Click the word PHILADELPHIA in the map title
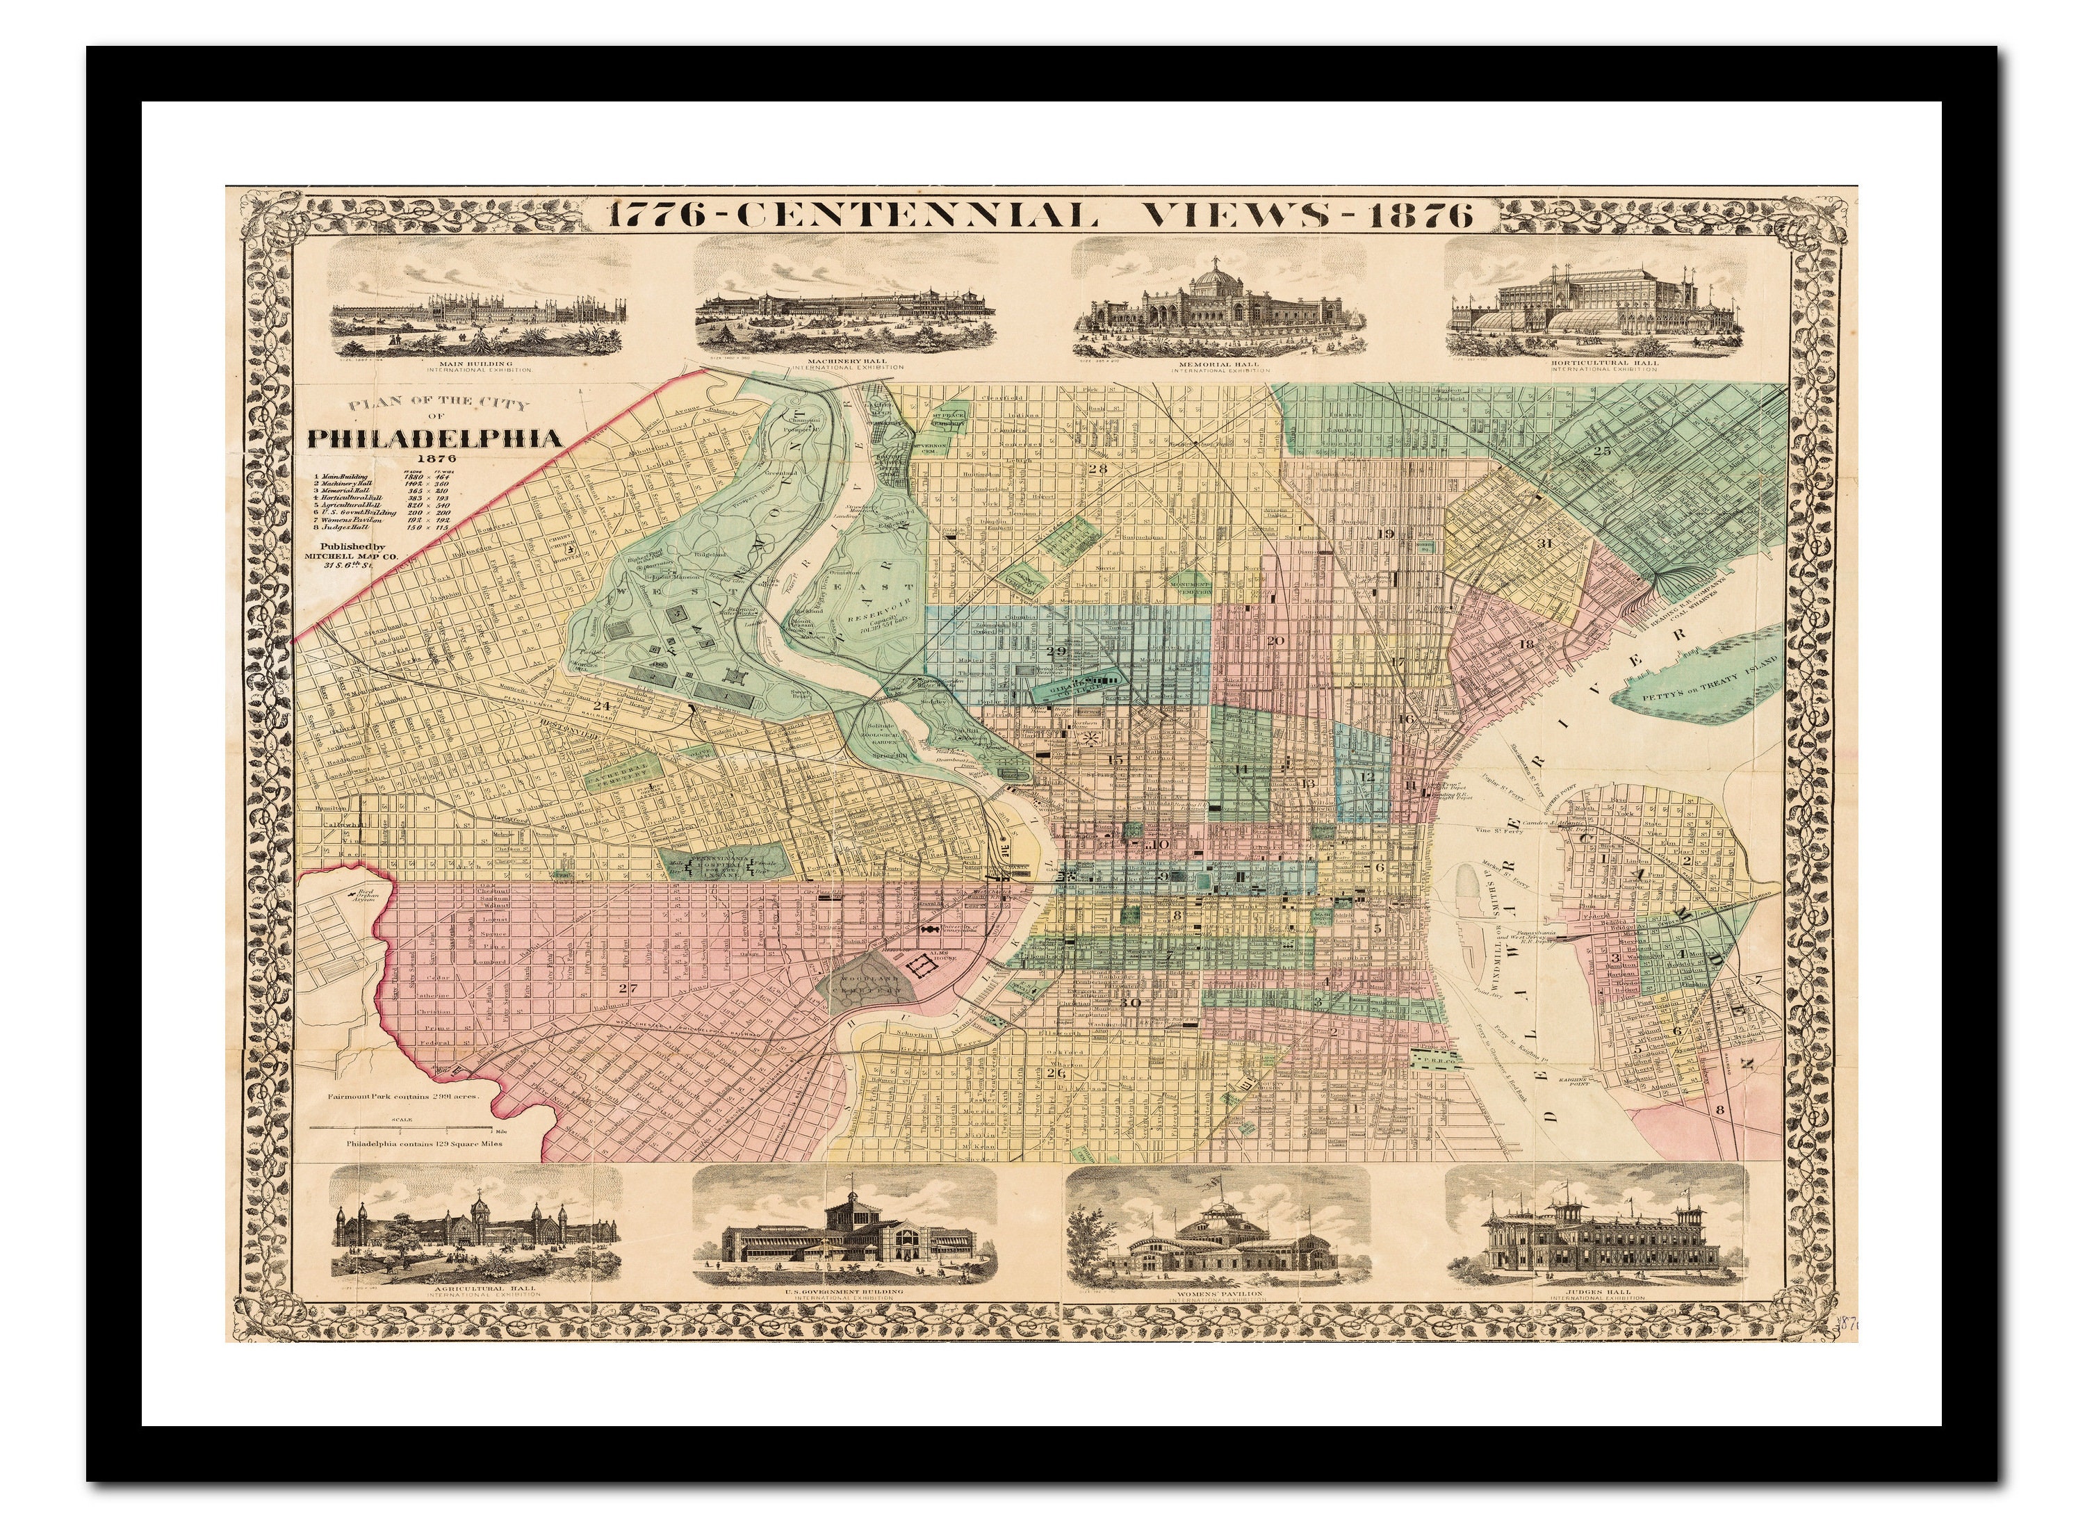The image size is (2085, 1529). [x=435, y=438]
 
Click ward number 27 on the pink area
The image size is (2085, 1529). [x=628, y=988]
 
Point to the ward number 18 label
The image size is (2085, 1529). [x=1526, y=644]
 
